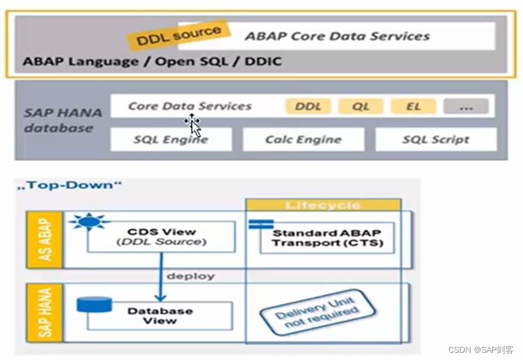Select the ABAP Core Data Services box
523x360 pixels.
[x=337, y=36]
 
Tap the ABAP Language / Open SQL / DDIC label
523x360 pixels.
[x=152, y=61]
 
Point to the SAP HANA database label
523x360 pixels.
[x=63, y=120]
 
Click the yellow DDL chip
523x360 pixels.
[x=308, y=107]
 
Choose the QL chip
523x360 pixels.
[x=360, y=107]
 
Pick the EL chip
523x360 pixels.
[x=413, y=107]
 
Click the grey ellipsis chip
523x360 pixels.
[x=466, y=107]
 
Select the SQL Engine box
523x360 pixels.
[x=171, y=139]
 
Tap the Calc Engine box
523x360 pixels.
[x=303, y=139]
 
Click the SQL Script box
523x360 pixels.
[x=435, y=139]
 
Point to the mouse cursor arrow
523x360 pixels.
[x=193, y=125]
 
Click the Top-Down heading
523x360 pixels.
[x=69, y=185]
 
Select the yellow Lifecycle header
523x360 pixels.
[x=323, y=205]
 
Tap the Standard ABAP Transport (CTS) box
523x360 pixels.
[x=327, y=237]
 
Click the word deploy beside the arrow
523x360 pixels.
[x=190, y=276]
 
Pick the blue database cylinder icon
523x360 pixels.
[x=94, y=305]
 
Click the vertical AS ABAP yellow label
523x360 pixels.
[x=45, y=240]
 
